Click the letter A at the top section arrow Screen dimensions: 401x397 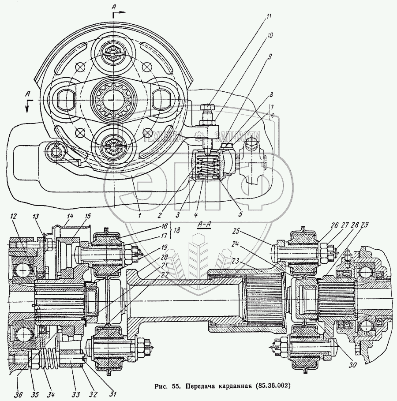[x=113, y=8]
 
